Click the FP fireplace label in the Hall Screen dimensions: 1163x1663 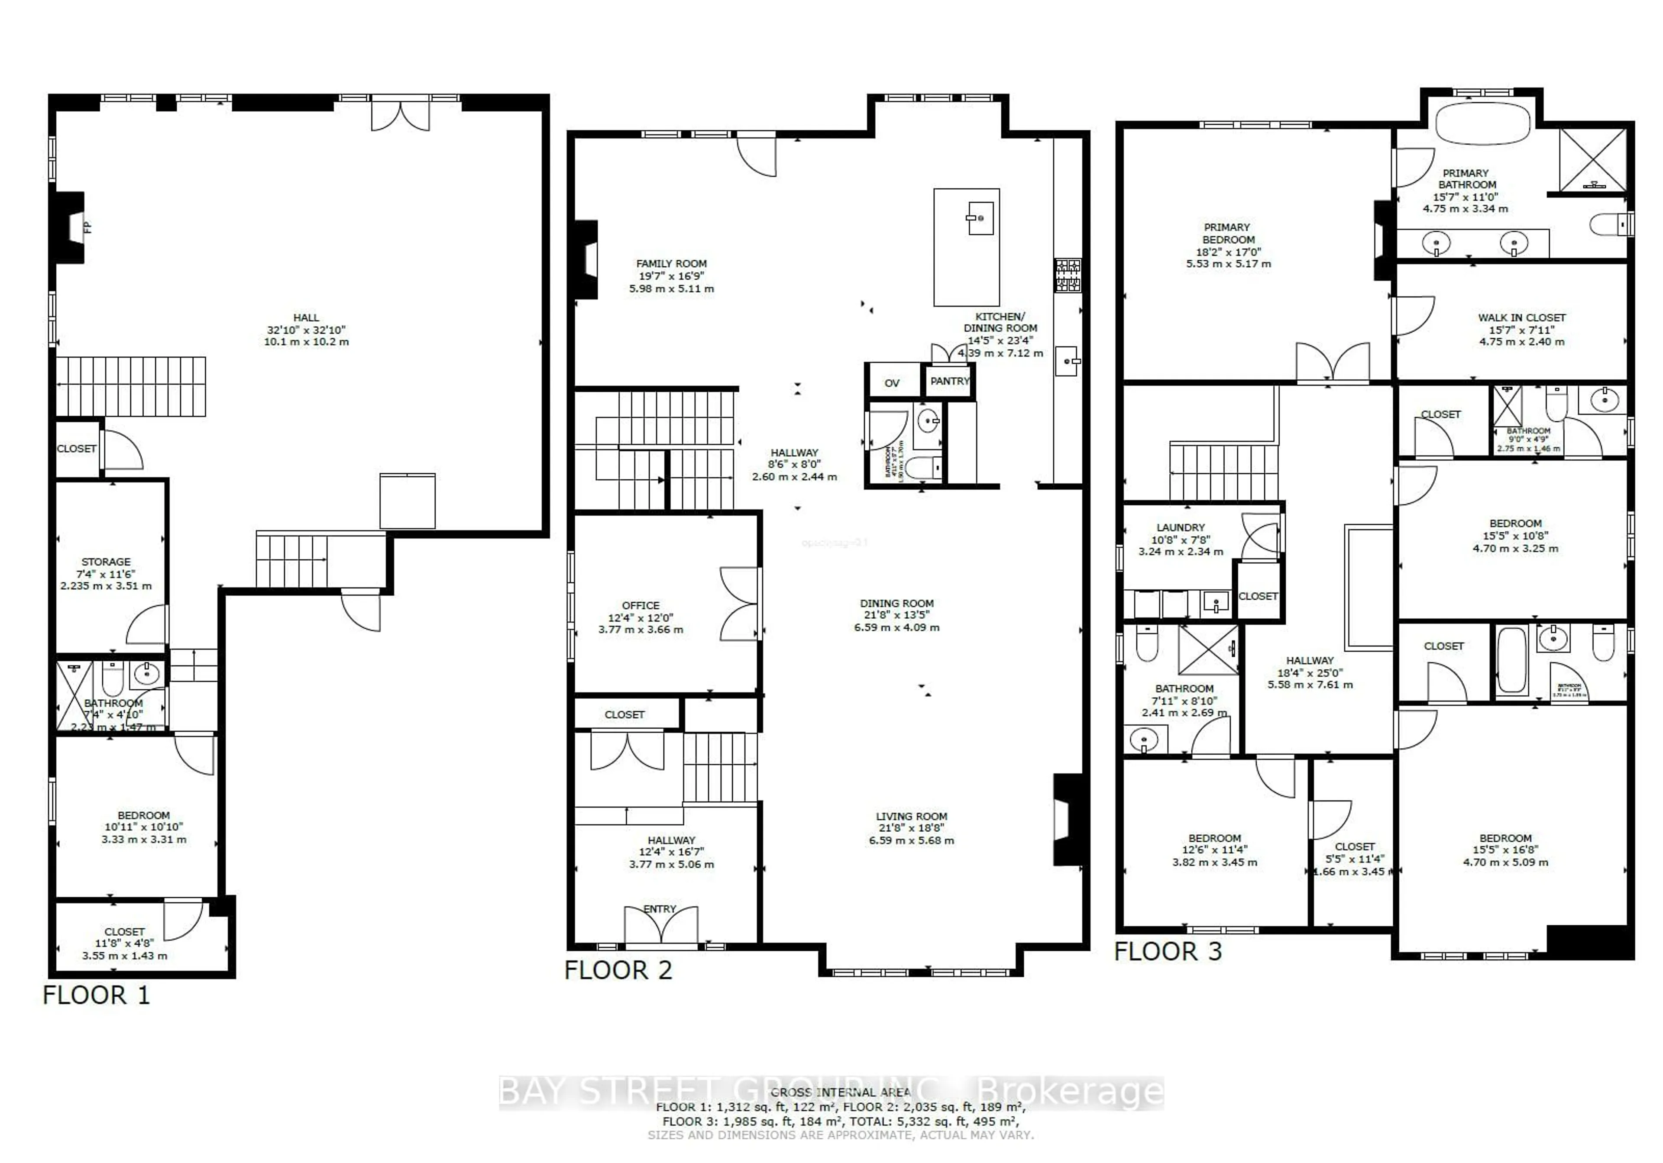click(x=87, y=226)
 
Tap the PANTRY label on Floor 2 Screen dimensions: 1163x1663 click(x=950, y=381)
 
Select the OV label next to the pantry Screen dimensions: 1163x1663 click(x=892, y=383)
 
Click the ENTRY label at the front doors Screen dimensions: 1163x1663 click(x=660, y=909)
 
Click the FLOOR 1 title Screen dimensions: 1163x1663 click(x=96, y=995)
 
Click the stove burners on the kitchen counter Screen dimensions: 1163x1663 click(x=1068, y=275)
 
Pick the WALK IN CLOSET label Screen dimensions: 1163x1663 click(x=1522, y=317)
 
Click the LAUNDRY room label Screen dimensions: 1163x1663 click(x=1181, y=527)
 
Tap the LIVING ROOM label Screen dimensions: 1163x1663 click(x=911, y=816)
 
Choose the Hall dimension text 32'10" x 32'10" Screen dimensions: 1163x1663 click(x=306, y=330)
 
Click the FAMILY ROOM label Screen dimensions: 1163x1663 click(x=671, y=264)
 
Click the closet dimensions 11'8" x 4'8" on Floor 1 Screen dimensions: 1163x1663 click(x=125, y=943)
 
